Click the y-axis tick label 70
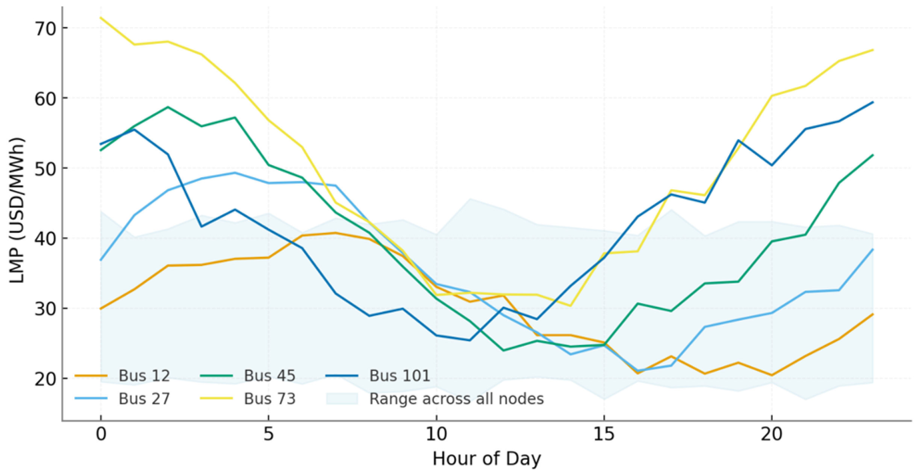point(45,29)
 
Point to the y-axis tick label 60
point(45,99)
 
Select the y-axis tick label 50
point(45,168)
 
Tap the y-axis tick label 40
point(45,239)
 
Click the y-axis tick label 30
point(45,309)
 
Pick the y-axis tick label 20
point(45,379)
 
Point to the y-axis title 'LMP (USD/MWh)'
point(17,211)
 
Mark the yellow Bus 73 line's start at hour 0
point(101,18)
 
